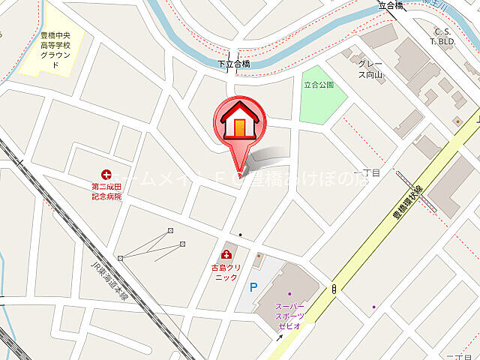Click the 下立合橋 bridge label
(x=234, y=64)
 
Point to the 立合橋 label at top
(x=391, y=6)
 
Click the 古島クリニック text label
(x=225, y=272)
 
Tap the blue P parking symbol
(x=253, y=286)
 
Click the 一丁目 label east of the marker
(x=371, y=172)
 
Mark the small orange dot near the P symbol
(x=259, y=257)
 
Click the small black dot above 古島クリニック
(x=239, y=235)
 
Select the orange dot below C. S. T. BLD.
(x=456, y=120)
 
